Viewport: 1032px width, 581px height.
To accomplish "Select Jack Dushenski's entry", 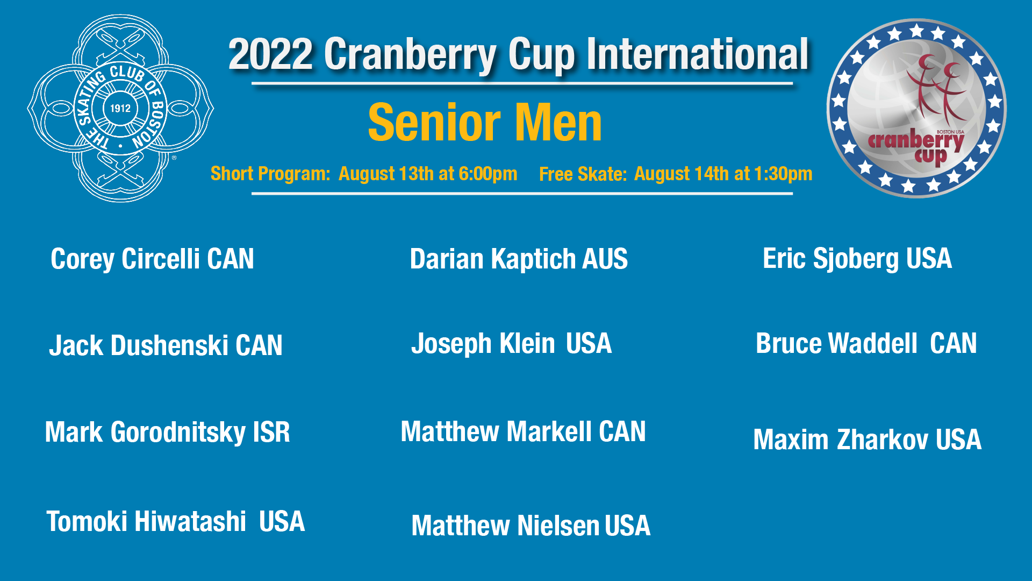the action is (x=166, y=345).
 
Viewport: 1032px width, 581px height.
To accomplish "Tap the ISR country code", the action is (x=271, y=432).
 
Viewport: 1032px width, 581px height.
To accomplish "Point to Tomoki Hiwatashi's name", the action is (x=146, y=521).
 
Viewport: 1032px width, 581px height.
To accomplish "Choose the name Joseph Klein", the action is (x=483, y=344).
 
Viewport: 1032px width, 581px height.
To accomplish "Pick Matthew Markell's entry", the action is (x=523, y=431).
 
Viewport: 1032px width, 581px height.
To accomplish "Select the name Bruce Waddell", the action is (x=836, y=343).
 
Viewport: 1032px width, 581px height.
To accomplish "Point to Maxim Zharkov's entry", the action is (x=868, y=440).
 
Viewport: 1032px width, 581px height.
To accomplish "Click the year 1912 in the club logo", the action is (x=120, y=108).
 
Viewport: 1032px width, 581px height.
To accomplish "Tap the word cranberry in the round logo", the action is (x=915, y=141).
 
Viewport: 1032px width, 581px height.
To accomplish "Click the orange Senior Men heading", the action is (x=485, y=123).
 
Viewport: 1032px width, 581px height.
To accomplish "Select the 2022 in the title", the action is (x=270, y=54).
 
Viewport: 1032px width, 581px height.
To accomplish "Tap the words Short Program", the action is (x=270, y=174).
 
